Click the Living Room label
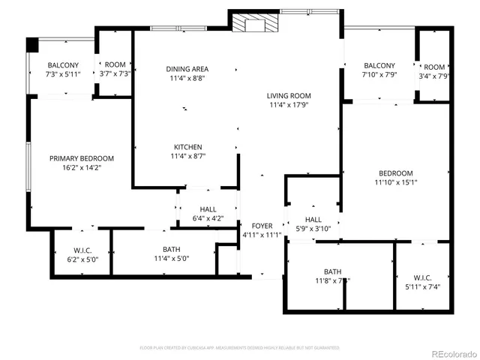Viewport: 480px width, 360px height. [289, 96]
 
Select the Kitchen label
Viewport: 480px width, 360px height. [187, 147]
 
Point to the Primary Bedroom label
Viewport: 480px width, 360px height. [82, 158]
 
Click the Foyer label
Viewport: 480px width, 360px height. [262, 226]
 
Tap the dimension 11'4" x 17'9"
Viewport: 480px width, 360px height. [289, 106]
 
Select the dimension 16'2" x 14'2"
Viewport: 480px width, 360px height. [82, 169]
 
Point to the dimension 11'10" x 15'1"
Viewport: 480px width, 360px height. [395, 182]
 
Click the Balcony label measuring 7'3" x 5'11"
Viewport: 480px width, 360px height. [63, 65]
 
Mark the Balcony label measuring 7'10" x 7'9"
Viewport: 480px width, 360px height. [379, 65]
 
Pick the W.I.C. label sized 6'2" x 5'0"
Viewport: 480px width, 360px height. [82, 250]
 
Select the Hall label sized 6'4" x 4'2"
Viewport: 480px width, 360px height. [208, 209]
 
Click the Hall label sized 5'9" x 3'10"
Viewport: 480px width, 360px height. [313, 219]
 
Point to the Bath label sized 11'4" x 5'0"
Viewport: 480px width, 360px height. [171, 250]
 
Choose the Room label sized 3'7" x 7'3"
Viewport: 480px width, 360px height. [115, 65]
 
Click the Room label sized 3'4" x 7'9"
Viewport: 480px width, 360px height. [434, 66]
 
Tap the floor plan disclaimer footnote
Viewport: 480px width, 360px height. [240, 348]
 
